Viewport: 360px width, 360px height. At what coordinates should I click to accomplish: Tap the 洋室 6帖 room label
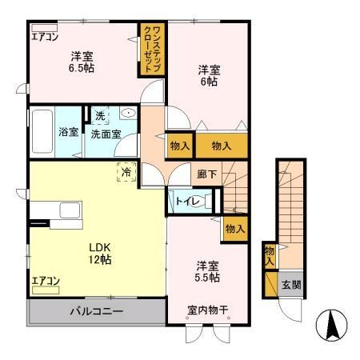coord(209,75)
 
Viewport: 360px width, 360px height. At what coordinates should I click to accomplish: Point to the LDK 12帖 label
coord(100,253)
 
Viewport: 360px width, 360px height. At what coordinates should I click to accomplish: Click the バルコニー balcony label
coord(95,310)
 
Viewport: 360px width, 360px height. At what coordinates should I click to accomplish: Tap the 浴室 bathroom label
coord(68,133)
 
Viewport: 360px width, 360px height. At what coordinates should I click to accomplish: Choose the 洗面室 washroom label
coord(106,134)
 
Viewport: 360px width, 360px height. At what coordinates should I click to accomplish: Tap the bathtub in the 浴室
coord(42,132)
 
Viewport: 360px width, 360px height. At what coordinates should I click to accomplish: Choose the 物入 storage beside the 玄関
coord(269,257)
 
